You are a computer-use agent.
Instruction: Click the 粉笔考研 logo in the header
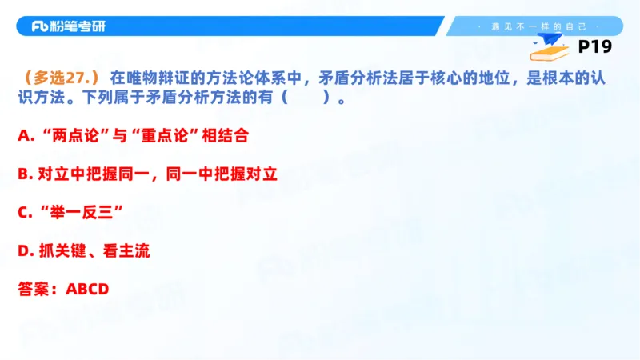click(68, 26)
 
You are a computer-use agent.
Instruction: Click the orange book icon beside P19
click(550, 52)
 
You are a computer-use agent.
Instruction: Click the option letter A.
click(23, 136)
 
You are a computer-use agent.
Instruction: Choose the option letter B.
click(23, 174)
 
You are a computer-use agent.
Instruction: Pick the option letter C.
click(23, 213)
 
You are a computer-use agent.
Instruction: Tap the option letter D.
click(23, 251)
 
